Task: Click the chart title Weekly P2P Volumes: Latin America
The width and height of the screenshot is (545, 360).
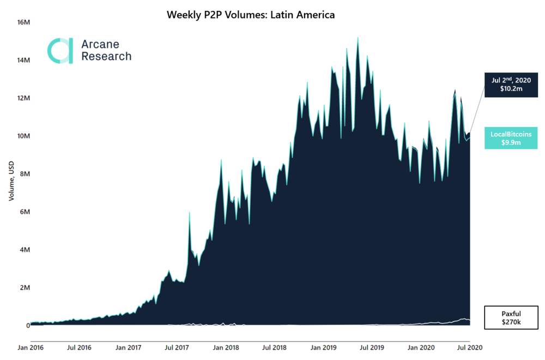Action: [x=250, y=15]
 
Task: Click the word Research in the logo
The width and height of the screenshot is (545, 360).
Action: [x=106, y=56]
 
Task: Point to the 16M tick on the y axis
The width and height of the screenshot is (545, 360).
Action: [x=23, y=22]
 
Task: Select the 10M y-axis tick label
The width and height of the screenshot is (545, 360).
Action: [x=23, y=136]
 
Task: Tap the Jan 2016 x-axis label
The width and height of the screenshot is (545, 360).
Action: [x=31, y=346]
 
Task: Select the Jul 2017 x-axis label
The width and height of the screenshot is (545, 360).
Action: [x=176, y=346]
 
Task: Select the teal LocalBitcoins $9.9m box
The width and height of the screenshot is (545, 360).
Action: [x=511, y=139]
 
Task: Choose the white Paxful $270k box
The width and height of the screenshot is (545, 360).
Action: [x=511, y=319]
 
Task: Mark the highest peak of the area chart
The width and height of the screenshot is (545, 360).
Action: [x=358, y=38]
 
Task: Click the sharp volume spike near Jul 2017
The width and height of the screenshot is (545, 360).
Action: [x=189, y=213]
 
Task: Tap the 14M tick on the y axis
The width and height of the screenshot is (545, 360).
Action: [x=23, y=60]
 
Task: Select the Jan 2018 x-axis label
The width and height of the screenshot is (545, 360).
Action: [x=225, y=346]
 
